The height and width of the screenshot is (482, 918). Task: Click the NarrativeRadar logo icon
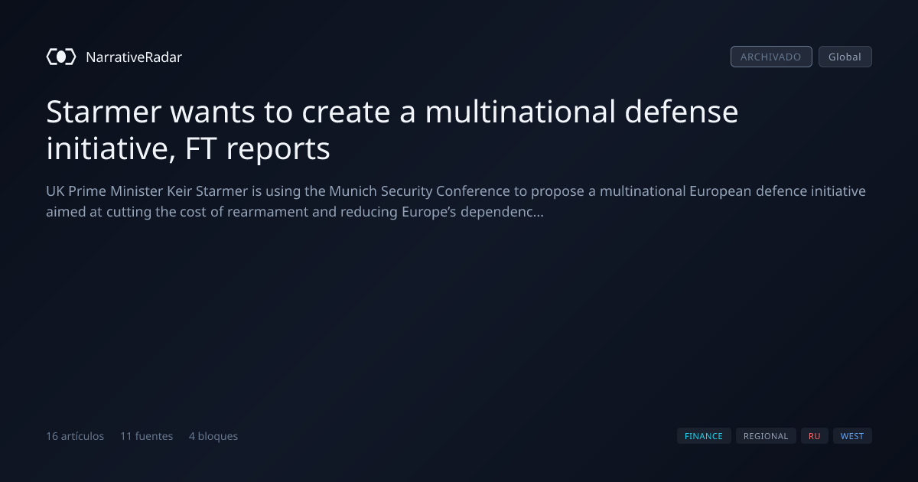[61, 57]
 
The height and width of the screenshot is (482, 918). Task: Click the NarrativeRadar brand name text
[134, 57]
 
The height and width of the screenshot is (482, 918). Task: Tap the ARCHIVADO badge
[771, 57]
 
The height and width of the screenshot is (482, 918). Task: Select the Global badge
[845, 57]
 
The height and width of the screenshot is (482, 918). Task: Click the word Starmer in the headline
[104, 112]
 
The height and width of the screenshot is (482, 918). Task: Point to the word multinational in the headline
[520, 112]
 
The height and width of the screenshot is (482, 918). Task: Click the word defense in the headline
[681, 112]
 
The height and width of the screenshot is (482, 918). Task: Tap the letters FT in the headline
[200, 148]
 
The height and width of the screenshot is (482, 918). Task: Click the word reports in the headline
[278, 151]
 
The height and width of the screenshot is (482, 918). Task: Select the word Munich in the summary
[353, 191]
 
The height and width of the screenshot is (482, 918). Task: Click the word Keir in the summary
[179, 191]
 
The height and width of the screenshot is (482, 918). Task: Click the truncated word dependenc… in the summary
[502, 212]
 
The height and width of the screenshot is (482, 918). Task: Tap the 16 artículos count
[75, 436]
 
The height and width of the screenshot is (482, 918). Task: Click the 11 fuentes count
[146, 436]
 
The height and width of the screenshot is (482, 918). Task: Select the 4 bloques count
[213, 436]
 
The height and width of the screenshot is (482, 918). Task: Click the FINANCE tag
[704, 436]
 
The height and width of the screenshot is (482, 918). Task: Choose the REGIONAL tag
[766, 436]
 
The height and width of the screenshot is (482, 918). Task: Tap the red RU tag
[814, 436]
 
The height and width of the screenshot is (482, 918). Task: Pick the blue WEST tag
[852, 436]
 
